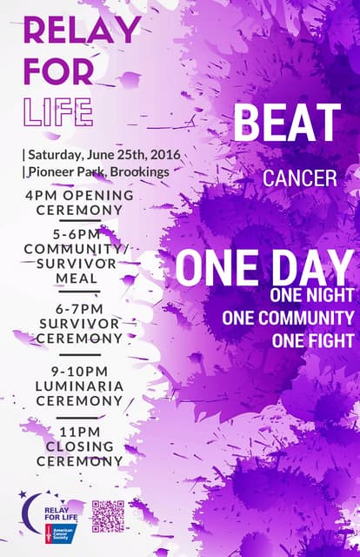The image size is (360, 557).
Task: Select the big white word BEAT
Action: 287,124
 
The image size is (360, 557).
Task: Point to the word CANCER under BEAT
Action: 300,179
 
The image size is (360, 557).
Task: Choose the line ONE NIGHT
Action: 311,297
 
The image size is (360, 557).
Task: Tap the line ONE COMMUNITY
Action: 288,319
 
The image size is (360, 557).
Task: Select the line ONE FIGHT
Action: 312,340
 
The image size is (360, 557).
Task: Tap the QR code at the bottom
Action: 109,516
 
